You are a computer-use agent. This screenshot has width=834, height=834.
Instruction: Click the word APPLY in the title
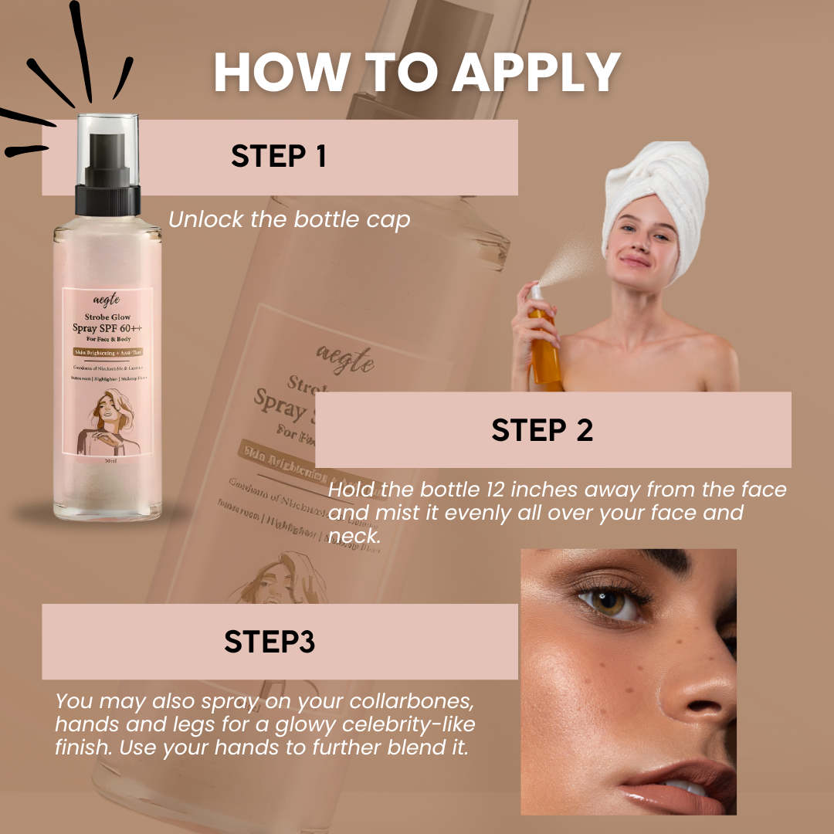click(537, 73)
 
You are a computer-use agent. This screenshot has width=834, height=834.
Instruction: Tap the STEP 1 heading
click(279, 156)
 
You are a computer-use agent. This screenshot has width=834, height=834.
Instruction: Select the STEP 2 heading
click(542, 430)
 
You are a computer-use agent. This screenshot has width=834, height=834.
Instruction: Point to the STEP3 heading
click(270, 642)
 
